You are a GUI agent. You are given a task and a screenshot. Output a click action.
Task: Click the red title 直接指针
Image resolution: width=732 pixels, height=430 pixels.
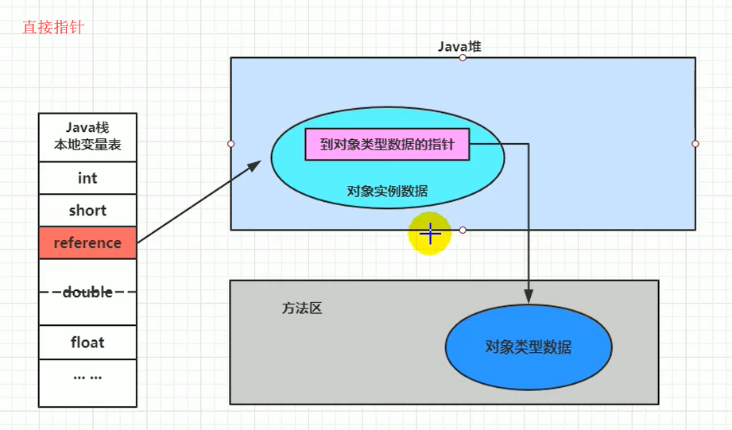pos(53,28)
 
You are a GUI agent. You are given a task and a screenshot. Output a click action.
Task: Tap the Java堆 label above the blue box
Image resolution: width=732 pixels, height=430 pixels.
pos(459,47)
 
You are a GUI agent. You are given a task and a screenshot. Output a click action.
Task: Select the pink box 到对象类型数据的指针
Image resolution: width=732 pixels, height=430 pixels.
pos(388,145)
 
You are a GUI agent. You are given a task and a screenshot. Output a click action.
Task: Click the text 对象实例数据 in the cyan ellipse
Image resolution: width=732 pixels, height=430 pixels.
pos(388,192)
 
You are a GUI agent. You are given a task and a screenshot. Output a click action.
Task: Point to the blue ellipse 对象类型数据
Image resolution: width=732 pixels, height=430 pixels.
pos(529,347)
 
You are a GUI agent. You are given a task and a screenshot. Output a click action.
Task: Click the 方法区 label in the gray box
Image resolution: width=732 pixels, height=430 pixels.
pos(302,308)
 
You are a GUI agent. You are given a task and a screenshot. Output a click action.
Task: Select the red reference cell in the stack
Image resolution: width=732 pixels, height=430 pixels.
pos(87,243)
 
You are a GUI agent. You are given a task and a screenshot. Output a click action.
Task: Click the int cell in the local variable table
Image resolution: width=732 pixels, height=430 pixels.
pos(87,178)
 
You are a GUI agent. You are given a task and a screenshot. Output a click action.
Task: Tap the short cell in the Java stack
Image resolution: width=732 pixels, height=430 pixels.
pos(87,211)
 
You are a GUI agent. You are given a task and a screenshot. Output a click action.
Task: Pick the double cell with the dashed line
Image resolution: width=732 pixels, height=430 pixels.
pos(87,292)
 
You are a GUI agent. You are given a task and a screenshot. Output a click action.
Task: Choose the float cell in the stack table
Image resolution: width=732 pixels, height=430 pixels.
pos(87,343)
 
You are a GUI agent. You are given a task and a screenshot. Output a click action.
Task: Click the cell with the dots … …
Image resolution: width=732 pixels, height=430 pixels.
pos(87,376)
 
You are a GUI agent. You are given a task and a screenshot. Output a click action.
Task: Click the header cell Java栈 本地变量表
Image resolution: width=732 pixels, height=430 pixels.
pos(87,138)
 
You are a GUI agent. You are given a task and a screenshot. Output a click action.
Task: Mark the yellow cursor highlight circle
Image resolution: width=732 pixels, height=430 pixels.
pos(430,234)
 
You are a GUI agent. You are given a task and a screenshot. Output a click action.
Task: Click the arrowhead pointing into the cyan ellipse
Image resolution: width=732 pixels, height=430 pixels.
pos(255,165)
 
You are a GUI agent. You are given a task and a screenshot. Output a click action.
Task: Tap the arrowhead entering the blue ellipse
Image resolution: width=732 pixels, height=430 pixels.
pos(529,297)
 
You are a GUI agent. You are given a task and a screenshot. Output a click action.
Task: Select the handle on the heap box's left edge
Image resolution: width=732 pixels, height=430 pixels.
pos(231,144)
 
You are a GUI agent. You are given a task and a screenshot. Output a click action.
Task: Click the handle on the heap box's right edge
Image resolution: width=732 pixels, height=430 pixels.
pos(695,144)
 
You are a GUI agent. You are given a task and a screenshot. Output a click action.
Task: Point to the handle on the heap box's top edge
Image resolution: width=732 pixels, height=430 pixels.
pos(463,58)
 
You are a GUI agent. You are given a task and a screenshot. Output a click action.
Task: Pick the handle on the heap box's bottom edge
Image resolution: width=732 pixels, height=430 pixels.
pos(463,230)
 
